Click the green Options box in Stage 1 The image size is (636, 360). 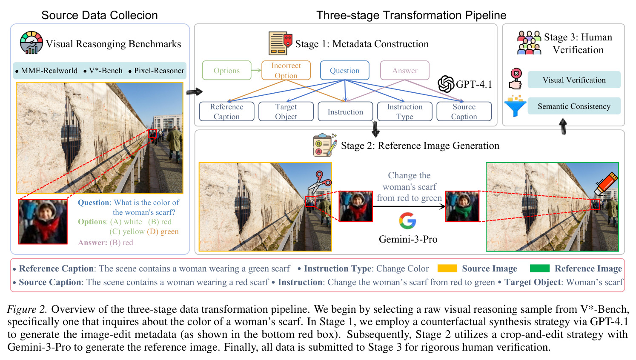(x=226, y=70)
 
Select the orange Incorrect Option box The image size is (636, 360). (x=286, y=70)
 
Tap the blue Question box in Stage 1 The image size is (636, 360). (x=345, y=70)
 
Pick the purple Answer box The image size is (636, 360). (x=404, y=70)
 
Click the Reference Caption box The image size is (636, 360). (x=226, y=111)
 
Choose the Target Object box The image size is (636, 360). (x=286, y=111)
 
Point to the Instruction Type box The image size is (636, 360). (x=404, y=111)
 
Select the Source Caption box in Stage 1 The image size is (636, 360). (x=464, y=111)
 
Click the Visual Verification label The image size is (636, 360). (x=574, y=80)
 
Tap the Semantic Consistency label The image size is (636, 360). (x=574, y=106)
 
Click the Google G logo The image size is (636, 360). (x=407, y=220)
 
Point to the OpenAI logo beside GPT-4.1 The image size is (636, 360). (x=446, y=84)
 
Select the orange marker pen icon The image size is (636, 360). (x=606, y=183)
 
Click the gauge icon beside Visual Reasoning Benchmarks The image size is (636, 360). (x=31, y=43)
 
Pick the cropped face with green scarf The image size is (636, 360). (x=462, y=206)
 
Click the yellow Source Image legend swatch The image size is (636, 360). (x=447, y=268)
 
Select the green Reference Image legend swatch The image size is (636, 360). (x=540, y=268)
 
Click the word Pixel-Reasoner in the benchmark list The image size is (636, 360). (x=159, y=70)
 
